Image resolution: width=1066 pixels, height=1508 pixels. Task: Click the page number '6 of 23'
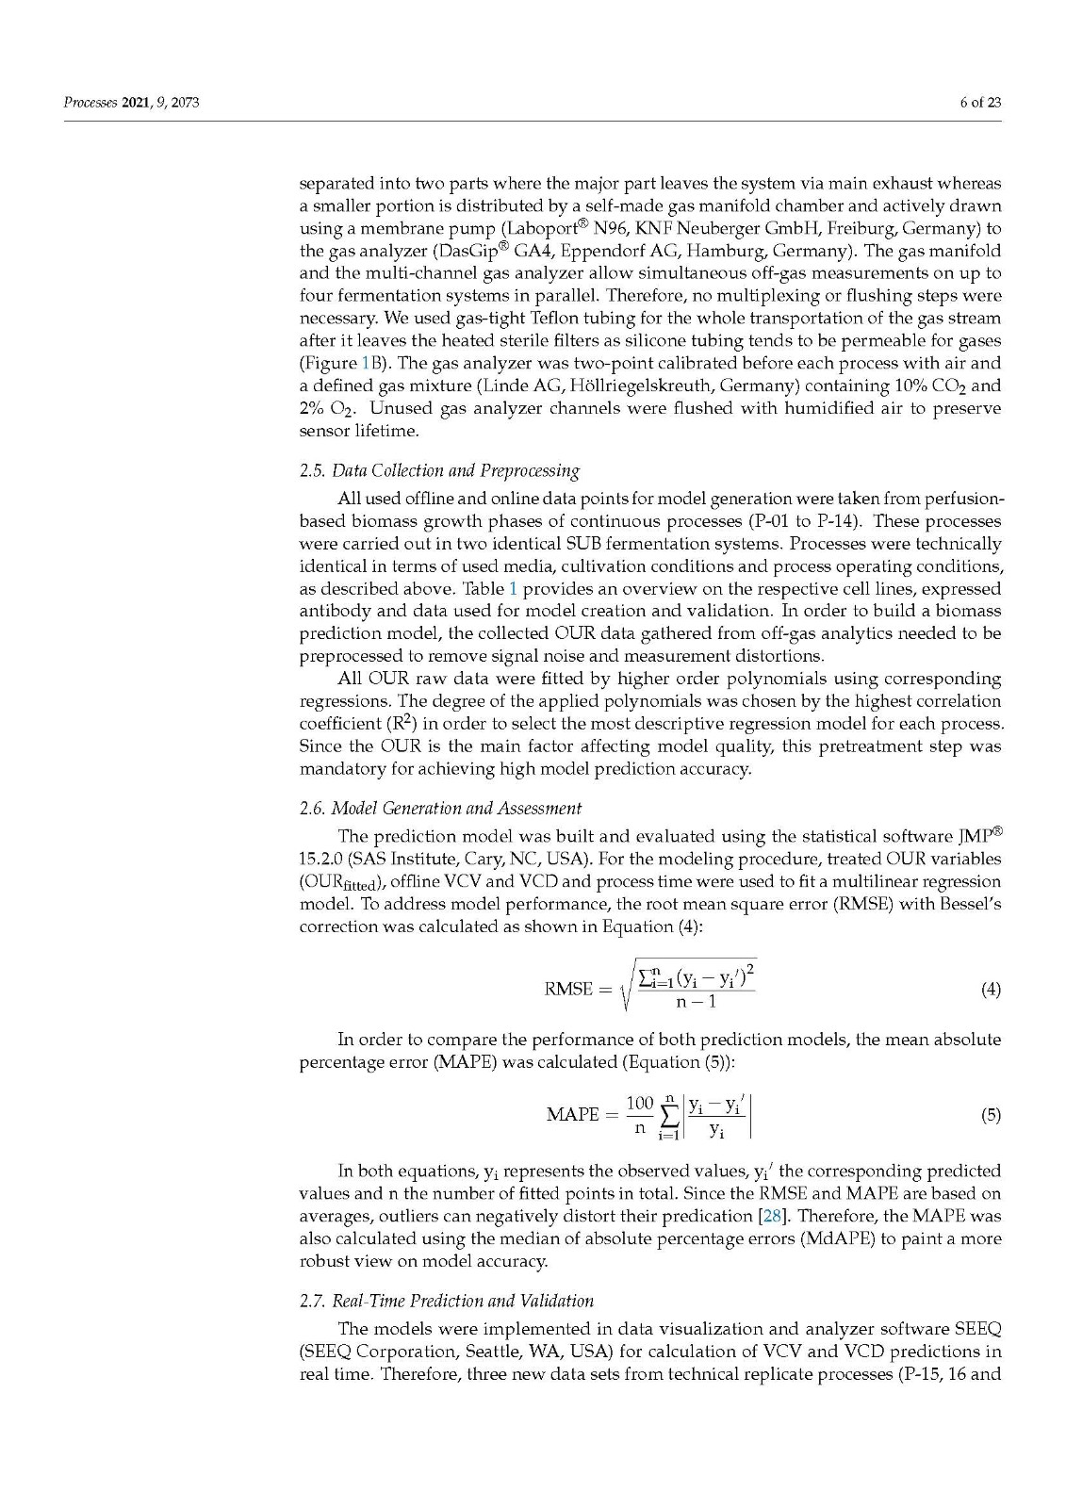click(x=979, y=103)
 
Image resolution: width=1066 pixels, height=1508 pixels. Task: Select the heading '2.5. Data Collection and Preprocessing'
click(x=439, y=470)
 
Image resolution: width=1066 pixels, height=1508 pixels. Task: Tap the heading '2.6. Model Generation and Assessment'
click(x=440, y=808)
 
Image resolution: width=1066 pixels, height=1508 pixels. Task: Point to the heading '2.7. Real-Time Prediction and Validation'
click(x=446, y=1301)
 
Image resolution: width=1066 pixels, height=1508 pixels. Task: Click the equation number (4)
click(x=991, y=989)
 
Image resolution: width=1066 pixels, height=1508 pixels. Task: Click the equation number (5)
click(x=991, y=1115)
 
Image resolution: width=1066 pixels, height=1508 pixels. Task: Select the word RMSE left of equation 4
click(x=569, y=989)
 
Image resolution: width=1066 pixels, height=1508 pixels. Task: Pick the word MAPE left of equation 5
click(x=572, y=1115)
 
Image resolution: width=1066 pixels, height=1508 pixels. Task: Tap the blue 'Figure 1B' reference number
click(x=366, y=363)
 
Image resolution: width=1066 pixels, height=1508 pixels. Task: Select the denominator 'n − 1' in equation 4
click(x=696, y=1002)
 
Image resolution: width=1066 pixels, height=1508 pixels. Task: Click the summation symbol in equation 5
click(x=669, y=1117)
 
